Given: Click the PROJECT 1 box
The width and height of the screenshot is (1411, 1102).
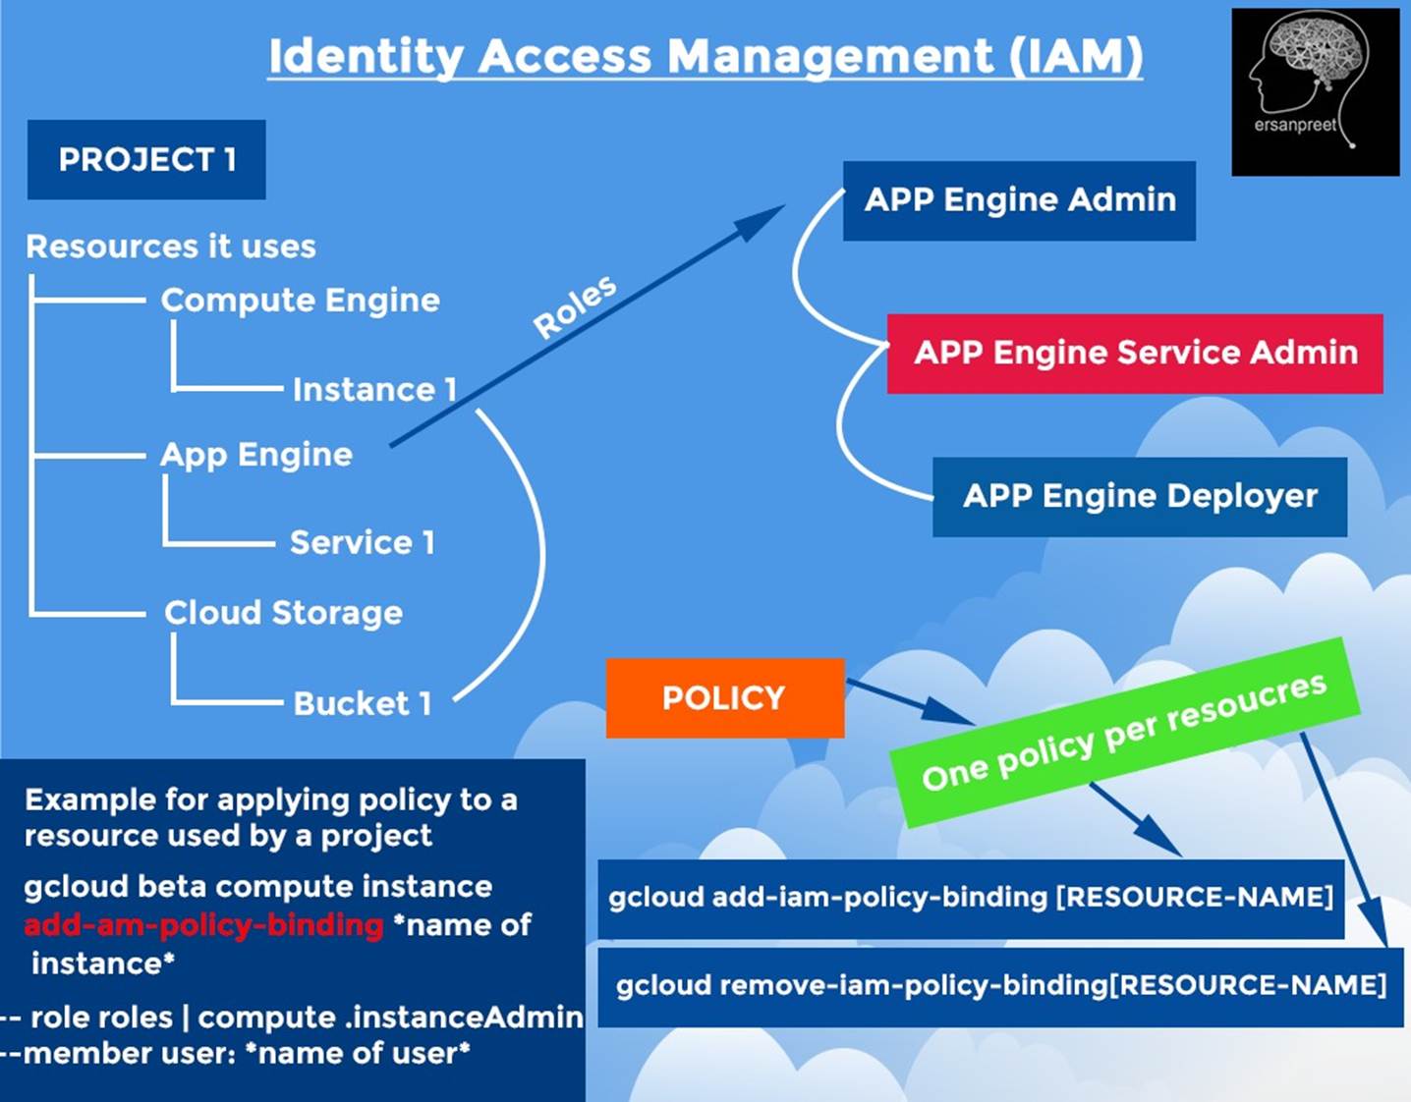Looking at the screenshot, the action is (146, 160).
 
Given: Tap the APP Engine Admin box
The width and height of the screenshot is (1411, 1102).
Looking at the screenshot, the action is (1019, 201).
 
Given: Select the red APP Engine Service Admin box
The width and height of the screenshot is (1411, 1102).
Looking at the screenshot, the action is (1134, 354).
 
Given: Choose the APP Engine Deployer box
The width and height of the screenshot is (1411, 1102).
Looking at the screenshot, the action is (1140, 497).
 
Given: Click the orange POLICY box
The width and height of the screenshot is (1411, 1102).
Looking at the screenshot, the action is (724, 698).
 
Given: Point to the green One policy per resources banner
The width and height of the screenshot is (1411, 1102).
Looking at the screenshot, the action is (1124, 733).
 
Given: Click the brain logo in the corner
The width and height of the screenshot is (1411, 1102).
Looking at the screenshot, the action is (1315, 92).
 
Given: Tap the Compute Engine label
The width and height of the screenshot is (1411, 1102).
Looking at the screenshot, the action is (300, 301).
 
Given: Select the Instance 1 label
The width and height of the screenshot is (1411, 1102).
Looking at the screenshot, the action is (374, 389).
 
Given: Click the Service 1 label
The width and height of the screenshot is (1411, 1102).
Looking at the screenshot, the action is (362, 542).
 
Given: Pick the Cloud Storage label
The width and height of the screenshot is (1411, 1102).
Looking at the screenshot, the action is (283, 613).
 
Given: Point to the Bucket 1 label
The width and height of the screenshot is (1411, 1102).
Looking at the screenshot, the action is (363, 703).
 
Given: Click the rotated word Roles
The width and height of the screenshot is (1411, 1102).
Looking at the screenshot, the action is (575, 306).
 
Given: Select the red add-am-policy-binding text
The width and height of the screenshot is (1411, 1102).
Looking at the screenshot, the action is (203, 925).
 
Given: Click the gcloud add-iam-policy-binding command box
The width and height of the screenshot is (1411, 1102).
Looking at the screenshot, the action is (971, 899).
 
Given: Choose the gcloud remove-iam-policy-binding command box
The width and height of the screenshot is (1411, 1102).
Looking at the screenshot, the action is (1000, 987).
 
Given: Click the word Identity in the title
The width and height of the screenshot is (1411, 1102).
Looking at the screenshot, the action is (367, 57).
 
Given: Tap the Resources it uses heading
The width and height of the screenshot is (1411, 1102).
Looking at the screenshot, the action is (171, 247).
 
